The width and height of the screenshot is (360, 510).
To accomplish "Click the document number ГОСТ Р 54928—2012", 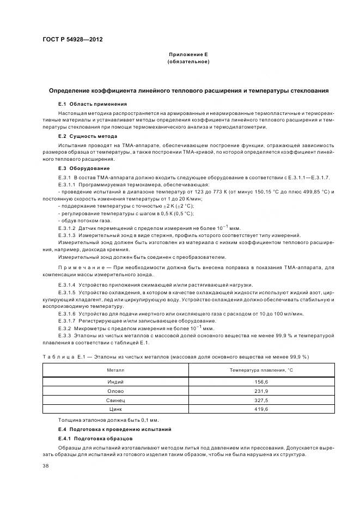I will (72, 40).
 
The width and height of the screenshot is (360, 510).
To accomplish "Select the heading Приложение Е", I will (188, 54).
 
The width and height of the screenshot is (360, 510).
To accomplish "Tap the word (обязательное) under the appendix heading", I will (188, 62).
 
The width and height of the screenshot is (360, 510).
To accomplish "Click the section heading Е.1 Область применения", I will (93, 104).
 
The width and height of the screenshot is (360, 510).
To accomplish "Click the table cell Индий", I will (115, 382).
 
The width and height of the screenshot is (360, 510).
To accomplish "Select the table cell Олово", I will (115, 391).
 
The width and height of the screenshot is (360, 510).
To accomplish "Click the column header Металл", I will (115, 370).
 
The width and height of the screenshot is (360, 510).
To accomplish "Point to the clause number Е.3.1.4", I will (67, 285).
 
